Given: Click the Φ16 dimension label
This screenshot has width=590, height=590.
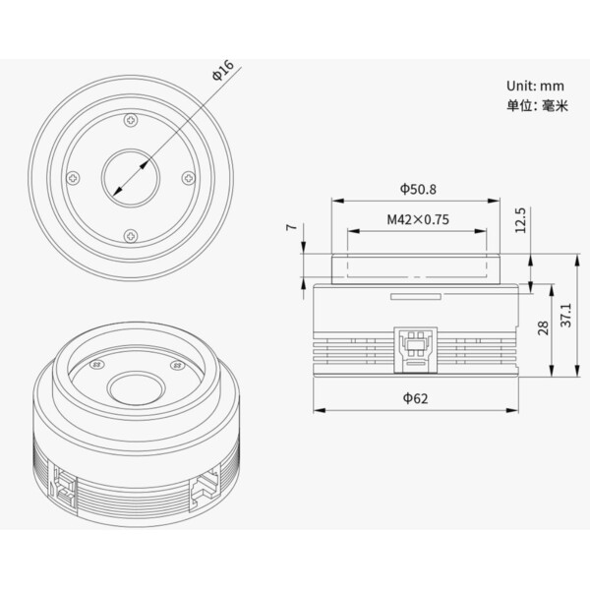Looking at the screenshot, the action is coord(223,71).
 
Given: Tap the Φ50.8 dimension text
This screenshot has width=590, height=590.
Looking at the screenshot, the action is coord(418,189).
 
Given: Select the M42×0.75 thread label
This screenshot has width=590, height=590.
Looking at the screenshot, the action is coord(418,219).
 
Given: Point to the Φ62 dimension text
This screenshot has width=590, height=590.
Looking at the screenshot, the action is coord(415,398).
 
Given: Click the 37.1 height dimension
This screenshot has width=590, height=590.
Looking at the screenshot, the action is coord(566,315).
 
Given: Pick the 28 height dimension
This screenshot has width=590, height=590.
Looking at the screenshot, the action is coord(543,327).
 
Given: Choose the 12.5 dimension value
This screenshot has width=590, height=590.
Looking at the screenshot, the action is coord(520,220).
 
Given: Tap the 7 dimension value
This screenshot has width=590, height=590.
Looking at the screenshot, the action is coord(292,227).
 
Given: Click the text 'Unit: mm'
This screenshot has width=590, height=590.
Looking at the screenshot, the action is coord(535,86).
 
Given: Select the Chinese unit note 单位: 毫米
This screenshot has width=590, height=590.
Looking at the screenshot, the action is coord(537,106).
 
